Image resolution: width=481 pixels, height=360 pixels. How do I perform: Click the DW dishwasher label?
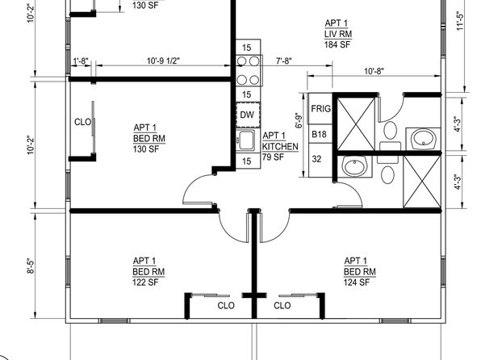point(247,115)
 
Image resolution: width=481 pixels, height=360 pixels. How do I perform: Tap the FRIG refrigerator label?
point(321,109)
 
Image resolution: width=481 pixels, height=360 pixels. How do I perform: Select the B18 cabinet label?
point(319,135)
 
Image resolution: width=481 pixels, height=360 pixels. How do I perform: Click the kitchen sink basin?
point(246,140)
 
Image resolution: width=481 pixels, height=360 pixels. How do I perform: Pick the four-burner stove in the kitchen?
point(249,70)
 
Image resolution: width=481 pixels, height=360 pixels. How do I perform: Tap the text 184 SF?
point(337,45)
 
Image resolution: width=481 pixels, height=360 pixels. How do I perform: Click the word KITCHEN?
point(280,147)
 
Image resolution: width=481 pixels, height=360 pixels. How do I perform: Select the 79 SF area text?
point(273,157)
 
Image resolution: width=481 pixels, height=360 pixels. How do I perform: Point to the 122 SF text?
point(145,283)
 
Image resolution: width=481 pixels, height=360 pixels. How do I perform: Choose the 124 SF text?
point(357,283)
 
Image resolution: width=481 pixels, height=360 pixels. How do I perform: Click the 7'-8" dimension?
point(284,61)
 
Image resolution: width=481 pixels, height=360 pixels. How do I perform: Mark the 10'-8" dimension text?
point(374,71)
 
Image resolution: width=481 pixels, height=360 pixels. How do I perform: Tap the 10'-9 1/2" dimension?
point(163,61)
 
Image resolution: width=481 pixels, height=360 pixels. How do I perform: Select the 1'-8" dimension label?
point(81,61)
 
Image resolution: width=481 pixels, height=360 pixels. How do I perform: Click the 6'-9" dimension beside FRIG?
point(299,121)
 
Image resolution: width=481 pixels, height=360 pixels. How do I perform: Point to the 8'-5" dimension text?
point(31,266)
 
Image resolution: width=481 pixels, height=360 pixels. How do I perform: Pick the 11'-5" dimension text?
point(460,21)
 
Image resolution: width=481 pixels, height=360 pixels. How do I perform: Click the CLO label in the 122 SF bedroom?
point(226,306)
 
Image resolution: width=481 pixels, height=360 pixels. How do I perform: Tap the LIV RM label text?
point(338,34)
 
